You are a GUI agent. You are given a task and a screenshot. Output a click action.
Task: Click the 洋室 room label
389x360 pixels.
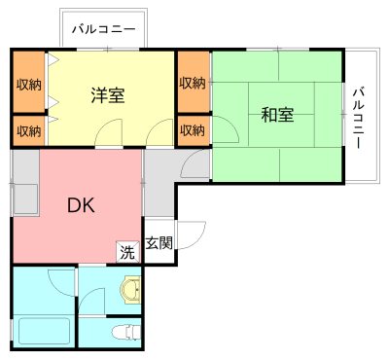coord(107,96)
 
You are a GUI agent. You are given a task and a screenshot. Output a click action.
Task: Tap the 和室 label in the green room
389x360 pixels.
coord(277,115)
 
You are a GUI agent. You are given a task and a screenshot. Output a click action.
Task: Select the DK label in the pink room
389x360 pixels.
coord(81,205)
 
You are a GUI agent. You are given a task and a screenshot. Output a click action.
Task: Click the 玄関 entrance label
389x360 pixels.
coord(159,243)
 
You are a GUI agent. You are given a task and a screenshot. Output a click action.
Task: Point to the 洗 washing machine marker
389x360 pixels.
coord(127,252)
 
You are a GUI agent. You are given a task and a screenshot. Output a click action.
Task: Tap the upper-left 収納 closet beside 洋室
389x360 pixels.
coord(28,83)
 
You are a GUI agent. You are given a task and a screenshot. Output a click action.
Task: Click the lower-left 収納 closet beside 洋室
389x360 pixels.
coord(28,129)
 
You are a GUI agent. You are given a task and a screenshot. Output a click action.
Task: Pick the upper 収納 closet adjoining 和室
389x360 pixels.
coord(193,83)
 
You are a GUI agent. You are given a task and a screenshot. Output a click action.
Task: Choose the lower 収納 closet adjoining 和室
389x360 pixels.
coord(193,129)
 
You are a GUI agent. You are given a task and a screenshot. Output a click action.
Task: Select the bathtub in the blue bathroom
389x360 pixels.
coord(44,330)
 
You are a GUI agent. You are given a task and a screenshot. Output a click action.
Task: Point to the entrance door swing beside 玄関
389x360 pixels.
coord(193,236)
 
